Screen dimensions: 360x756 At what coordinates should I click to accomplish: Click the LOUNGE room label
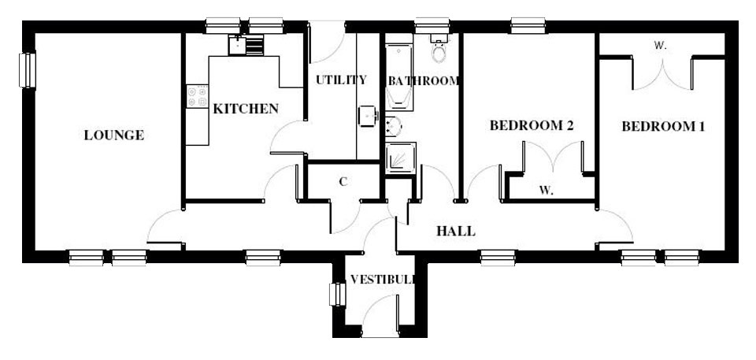point(114,135)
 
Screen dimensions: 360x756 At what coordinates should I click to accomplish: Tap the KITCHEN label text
point(246,109)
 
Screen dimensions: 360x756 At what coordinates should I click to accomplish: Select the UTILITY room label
point(341,80)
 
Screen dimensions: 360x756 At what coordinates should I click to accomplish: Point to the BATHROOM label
point(423,80)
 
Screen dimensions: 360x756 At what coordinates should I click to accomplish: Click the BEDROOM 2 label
point(531,125)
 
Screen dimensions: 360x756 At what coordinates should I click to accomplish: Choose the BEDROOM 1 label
point(662,126)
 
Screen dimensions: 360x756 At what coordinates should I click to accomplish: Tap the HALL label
point(456,231)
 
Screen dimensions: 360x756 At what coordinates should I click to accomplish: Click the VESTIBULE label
point(383,279)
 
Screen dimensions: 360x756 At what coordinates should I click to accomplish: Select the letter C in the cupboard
point(343,182)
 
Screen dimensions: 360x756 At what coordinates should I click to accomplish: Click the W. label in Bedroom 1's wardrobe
point(660,46)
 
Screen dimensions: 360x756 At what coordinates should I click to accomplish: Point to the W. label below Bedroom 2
point(547,190)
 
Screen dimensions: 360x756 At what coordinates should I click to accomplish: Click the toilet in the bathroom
point(439,51)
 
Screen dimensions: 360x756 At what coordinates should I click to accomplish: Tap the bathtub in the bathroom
point(398,76)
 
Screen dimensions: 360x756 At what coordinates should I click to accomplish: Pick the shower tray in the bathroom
point(401,158)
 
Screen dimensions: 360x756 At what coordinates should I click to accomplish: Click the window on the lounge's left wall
point(28,70)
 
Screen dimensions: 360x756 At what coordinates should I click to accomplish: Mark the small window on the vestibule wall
point(335,295)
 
